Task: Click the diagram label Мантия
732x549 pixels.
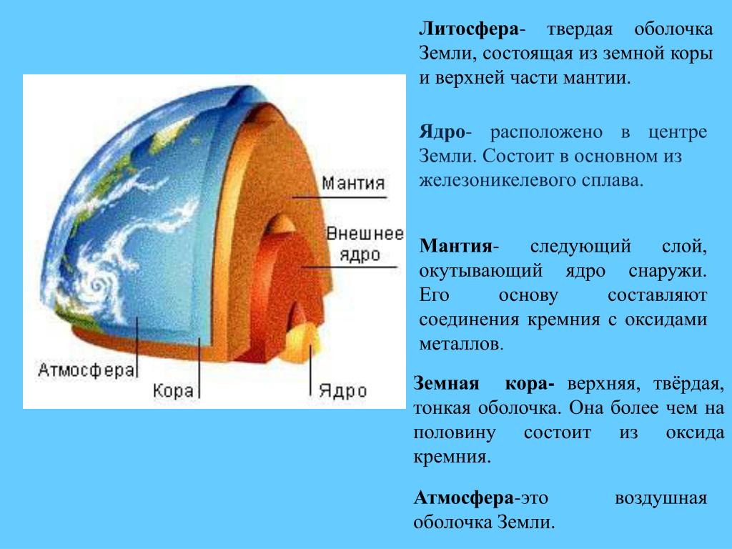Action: [x=353, y=183]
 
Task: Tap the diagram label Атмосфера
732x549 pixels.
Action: [x=86, y=370]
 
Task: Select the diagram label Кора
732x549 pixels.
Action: [x=173, y=391]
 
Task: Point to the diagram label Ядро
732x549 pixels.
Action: [x=342, y=391]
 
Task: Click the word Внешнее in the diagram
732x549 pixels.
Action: [x=365, y=234]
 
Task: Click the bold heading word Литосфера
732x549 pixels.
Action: [x=469, y=29]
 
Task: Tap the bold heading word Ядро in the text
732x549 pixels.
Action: [x=442, y=132]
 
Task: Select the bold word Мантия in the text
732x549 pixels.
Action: [x=455, y=246]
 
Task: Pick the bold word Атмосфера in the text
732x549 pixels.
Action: [x=463, y=498]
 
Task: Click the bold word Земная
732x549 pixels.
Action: [x=446, y=384]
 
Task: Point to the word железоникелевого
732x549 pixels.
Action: [x=495, y=180]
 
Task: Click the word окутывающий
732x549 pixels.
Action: [x=481, y=271]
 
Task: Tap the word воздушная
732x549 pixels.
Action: [x=661, y=499]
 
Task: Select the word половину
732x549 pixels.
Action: [x=454, y=432]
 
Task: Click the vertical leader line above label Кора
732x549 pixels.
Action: [x=199, y=368]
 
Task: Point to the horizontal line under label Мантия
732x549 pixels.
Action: [x=340, y=197]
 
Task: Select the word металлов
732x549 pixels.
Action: [x=461, y=344]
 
